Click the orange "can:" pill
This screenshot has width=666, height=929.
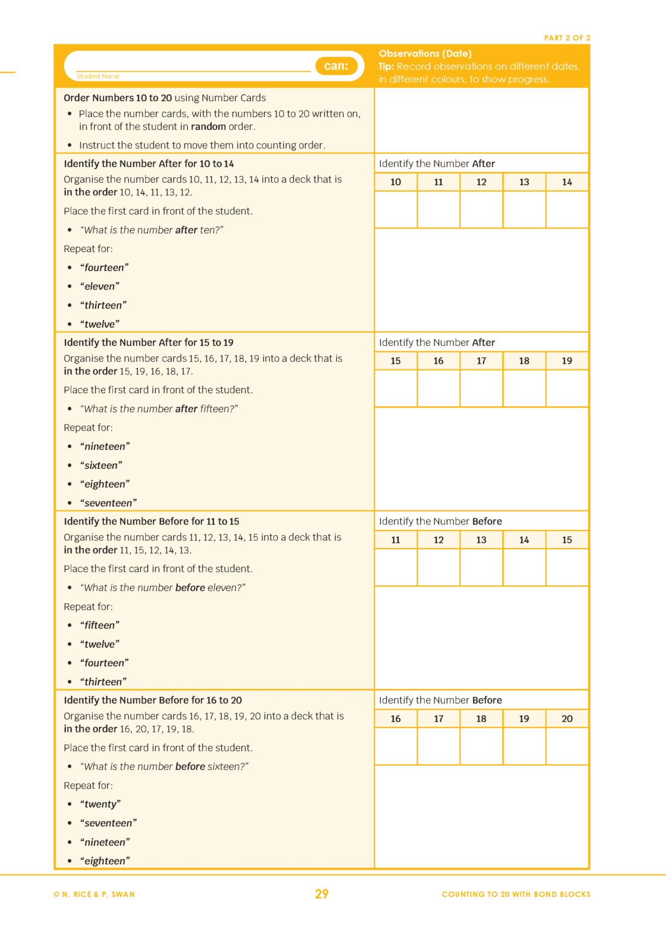pyautogui.click(x=336, y=66)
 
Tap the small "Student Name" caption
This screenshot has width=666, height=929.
pyautogui.click(x=97, y=77)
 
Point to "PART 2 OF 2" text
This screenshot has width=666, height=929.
pyautogui.click(x=567, y=37)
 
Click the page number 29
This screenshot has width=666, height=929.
pyautogui.click(x=321, y=894)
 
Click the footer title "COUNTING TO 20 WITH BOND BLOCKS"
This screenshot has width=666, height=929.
pyautogui.click(x=515, y=895)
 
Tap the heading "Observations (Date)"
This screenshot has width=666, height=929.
pyautogui.click(x=425, y=54)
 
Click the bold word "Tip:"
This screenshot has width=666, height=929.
pyautogui.click(x=386, y=67)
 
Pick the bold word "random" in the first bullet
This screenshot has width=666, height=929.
pyautogui.click(x=208, y=126)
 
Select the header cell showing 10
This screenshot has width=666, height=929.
pyautogui.click(x=396, y=182)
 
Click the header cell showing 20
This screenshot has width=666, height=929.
pyautogui.click(x=567, y=719)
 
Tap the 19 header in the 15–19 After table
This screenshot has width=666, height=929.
pyautogui.click(x=567, y=361)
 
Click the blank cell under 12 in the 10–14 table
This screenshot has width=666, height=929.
pyautogui.click(x=481, y=210)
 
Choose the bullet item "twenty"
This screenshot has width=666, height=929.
pyautogui.click(x=100, y=804)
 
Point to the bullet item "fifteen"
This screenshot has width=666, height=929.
pyautogui.click(x=100, y=625)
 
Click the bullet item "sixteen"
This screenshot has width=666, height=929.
pyautogui.click(x=101, y=466)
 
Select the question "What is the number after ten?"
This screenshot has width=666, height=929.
pyautogui.click(x=152, y=230)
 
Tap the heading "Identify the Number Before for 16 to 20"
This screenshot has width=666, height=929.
pyautogui.click(x=152, y=700)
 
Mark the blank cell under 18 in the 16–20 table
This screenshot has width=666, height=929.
pyautogui.click(x=481, y=746)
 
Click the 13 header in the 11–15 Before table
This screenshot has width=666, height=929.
pyautogui.click(x=481, y=540)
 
